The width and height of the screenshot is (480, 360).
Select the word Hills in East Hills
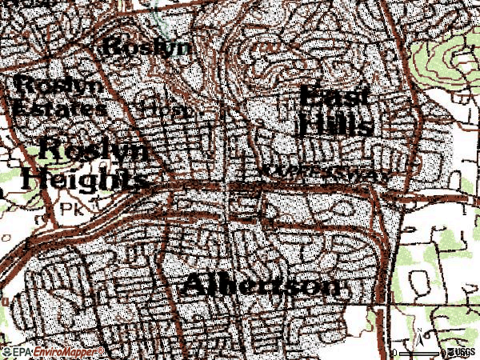coord(335,125)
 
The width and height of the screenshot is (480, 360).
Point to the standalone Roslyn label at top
coord(149,46)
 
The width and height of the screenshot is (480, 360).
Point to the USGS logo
coord(463,353)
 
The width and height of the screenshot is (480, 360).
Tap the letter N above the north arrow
coord(418,330)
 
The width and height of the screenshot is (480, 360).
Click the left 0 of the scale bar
coord(395,353)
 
